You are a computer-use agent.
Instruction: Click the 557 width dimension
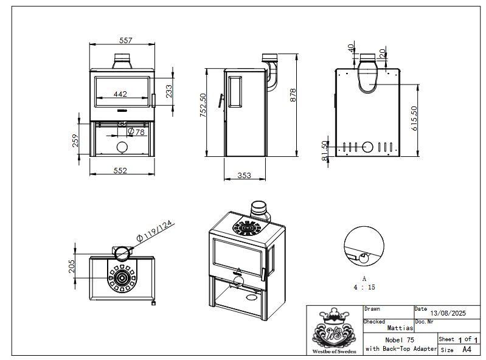(126, 40)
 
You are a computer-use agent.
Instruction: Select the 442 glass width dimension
(120, 94)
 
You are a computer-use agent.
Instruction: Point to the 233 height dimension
(169, 91)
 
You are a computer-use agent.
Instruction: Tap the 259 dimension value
(75, 140)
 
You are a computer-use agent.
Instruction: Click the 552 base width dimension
(120, 171)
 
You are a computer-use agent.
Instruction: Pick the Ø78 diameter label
(136, 131)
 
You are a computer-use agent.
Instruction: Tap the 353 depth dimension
(244, 176)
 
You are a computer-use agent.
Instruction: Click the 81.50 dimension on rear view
(325, 151)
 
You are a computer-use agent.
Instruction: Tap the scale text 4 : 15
(364, 286)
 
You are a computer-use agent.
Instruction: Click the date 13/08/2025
(448, 313)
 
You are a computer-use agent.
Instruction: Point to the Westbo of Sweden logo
(333, 331)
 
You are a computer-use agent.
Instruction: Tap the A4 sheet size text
(467, 350)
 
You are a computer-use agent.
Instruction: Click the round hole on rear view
(368, 147)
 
